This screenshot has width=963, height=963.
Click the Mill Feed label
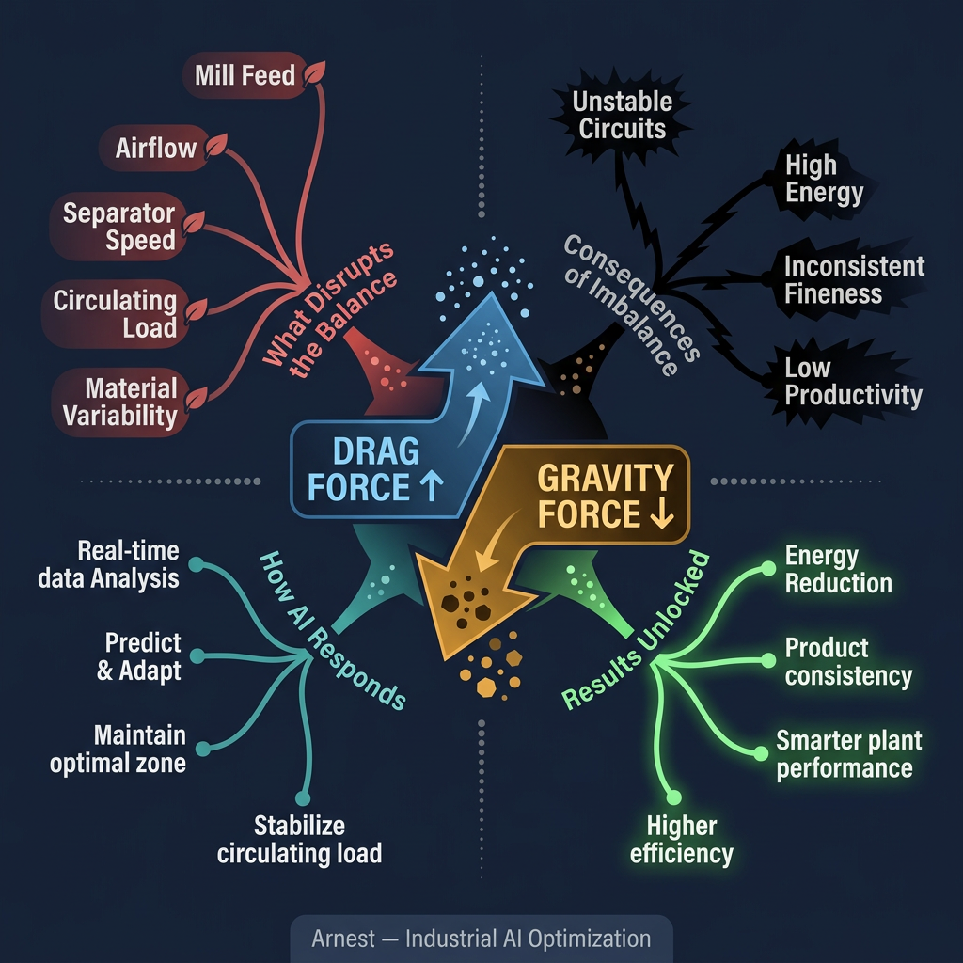[245, 75]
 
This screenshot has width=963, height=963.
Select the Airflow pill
[156, 149]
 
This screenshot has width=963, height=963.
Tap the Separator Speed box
[119, 227]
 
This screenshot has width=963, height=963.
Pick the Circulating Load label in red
[115, 314]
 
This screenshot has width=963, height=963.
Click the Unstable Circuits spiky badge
[623, 115]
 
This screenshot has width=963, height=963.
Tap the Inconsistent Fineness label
[854, 279]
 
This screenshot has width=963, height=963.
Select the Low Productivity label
[852, 381]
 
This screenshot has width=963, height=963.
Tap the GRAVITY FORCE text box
[604, 497]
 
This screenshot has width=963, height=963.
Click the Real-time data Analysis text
[108, 564]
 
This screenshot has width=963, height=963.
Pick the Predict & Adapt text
[143, 657]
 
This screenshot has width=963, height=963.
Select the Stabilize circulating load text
[299, 840]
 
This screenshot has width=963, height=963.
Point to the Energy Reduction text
[838, 569]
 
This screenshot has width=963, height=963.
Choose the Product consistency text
[847, 662]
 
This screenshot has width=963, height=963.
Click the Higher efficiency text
[681, 840]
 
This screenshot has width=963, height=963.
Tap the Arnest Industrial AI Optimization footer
[481, 939]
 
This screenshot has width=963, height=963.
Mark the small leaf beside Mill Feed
[317, 72]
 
